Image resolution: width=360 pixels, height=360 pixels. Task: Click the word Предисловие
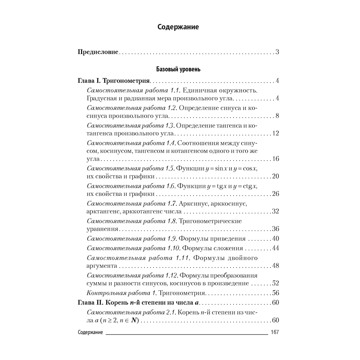click(x=98, y=52)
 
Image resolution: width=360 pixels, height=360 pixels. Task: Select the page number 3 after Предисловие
click(x=278, y=52)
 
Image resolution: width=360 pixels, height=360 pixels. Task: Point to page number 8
click(x=278, y=116)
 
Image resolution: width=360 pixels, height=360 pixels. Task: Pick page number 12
click(x=276, y=134)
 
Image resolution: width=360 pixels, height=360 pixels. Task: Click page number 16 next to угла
click(x=276, y=159)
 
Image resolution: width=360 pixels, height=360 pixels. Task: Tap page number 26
click(x=276, y=194)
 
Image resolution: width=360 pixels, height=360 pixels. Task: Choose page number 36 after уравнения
click(x=276, y=229)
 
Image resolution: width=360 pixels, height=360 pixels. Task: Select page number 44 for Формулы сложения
click(x=276, y=248)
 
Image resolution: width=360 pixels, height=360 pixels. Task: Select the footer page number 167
click(x=275, y=332)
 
